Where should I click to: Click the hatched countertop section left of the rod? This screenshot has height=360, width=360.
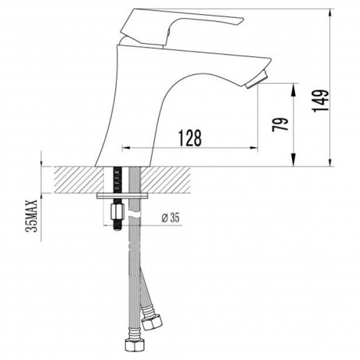74,180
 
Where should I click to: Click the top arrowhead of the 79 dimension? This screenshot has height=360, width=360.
293,85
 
